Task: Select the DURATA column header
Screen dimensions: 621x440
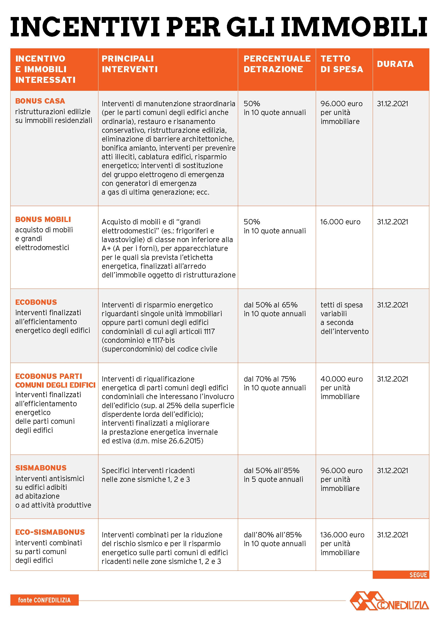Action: [x=395, y=64]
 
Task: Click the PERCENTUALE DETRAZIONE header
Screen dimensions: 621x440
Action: [x=277, y=64]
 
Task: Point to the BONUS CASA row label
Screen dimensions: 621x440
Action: [x=40, y=101]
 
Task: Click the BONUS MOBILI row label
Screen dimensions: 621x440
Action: [x=43, y=219]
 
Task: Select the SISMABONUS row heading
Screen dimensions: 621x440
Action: [x=41, y=468]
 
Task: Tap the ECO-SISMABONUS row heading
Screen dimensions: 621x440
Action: [x=50, y=532]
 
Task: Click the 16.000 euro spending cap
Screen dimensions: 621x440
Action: [x=340, y=222]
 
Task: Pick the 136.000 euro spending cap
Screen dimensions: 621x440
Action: [x=342, y=535]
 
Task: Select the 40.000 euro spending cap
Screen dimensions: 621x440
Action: [x=341, y=379]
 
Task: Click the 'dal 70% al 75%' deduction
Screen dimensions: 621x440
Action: [x=270, y=379]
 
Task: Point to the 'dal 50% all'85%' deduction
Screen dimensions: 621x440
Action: [x=272, y=471]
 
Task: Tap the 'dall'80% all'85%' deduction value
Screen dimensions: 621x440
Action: [x=273, y=535]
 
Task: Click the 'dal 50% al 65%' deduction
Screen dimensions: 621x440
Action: [x=271, y=305]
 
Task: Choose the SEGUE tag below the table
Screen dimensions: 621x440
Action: [x=418, y=575]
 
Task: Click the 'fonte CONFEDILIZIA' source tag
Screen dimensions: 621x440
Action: [x=44, y=600]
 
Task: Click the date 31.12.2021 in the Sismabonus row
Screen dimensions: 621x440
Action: [x=392, y=471]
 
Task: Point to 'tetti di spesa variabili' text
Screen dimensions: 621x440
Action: [x=341, y=309]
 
